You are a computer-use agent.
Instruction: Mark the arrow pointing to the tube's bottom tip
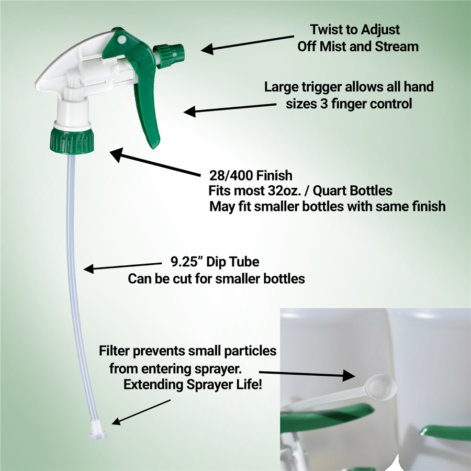pos(141,412)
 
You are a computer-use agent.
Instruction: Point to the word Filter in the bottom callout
pos(116,350)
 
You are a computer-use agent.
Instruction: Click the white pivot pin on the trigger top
pos(121,39)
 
